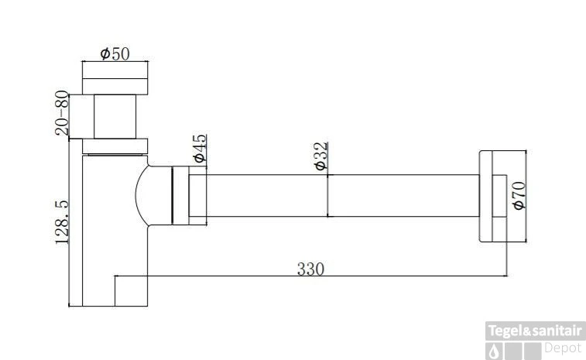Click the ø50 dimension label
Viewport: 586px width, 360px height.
coord(115,53)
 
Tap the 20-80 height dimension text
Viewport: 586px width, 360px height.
coord(63,113)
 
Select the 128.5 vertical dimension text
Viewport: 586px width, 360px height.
coord(63,221)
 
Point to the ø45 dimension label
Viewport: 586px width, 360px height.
coord(199,149)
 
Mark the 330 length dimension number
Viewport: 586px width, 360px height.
coord(310,269)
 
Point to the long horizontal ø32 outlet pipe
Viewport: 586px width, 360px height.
coord(341,196)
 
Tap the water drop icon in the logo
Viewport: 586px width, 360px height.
coord(493,351)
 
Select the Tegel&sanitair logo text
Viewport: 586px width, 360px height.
coord(535,331)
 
